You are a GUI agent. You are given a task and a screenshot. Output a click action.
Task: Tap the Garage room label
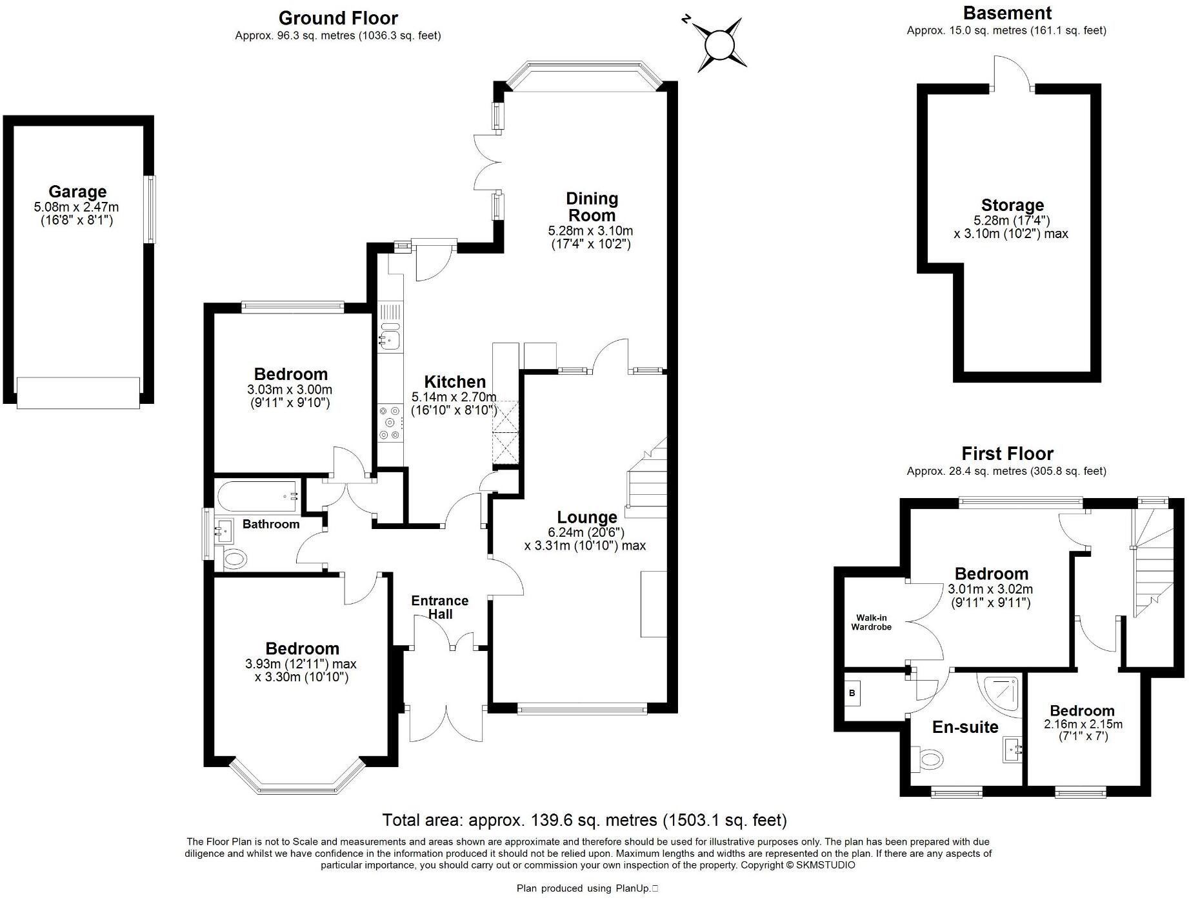(x=77, y=192)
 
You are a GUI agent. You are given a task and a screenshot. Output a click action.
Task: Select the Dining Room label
(x=592, y=206)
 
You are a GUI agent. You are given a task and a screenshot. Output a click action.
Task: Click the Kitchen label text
(x=455, y=382)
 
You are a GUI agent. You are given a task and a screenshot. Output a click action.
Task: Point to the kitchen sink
(x=390, y=338)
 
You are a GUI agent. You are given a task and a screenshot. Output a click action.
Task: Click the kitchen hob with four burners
(x=390, y=423)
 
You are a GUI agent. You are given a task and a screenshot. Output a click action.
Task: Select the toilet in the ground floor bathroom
(x=235, y=558)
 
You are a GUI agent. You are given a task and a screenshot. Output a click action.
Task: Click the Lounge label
(x=587, y=517)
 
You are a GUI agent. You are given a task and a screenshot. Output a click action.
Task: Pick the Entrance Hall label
(x=440, y=607)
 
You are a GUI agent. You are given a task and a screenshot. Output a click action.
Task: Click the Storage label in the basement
(x=1012, y=205)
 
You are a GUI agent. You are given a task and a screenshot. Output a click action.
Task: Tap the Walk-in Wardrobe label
(x=872, y=622)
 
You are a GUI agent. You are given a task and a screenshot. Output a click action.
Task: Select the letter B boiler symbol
(x=852, y=694)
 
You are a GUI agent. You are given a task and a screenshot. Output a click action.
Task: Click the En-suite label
(x=965, y=727)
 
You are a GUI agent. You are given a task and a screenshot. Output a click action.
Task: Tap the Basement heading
(x=1007, y=13)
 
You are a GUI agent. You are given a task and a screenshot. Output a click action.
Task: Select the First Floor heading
(x=1007, y=454)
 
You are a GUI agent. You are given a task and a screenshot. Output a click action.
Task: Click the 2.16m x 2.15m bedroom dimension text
(x=1083, y=724)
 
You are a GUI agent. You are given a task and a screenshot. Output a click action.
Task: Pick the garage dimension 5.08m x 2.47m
(x=76, y=207)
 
